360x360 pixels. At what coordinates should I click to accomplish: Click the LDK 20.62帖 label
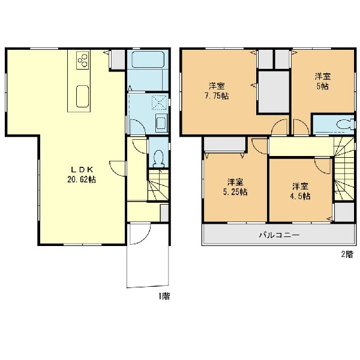click(82, 175)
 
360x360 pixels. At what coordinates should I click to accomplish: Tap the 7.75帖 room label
click(217, 91)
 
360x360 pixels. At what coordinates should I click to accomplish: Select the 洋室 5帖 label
click(323, 81)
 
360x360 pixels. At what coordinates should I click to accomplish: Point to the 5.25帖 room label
click(235, 187)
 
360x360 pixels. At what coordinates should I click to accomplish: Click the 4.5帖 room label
click(301, 191)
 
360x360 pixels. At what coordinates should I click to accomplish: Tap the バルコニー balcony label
click(280, 235)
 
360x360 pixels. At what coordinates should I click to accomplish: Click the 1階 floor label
click(163, 296)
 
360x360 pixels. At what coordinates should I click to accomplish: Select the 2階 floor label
click(347, 254)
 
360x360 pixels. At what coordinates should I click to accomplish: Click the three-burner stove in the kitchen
click(83, 60)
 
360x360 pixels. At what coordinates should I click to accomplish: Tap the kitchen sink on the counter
click(82, 97)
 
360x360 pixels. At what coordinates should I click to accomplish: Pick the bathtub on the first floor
click(148, 59)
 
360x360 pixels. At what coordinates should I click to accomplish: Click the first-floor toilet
click(158, 158)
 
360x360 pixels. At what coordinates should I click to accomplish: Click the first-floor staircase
click(158, 185)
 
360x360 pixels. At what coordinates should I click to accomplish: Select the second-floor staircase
click(344, 169)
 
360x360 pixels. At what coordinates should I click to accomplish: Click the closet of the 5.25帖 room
click(224, 144)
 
